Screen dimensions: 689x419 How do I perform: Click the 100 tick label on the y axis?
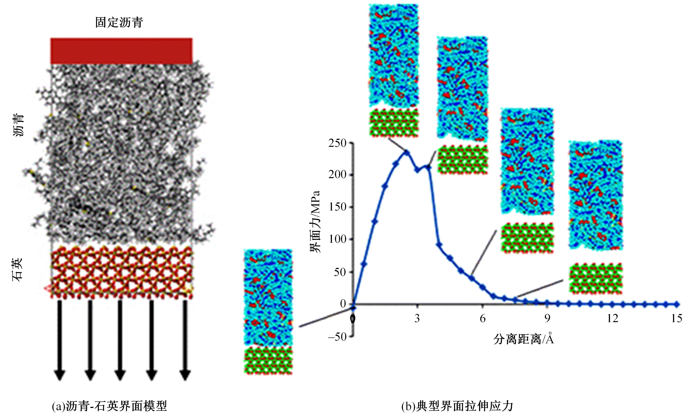pos(337,239)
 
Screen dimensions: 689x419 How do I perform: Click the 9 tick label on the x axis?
pos(547,318)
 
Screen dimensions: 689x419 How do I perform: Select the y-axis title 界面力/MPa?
pos(315,222)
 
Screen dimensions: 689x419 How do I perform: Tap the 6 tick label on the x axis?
pos(483,318)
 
